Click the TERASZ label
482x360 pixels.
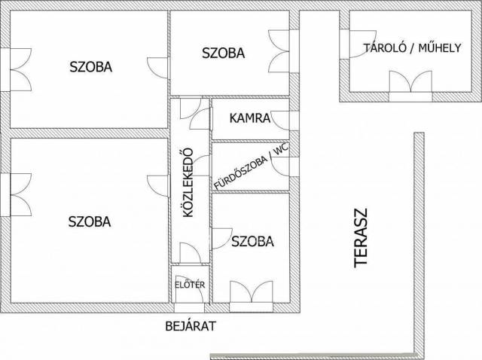pos(361,238)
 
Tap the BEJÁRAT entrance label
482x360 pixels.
pos(191,326)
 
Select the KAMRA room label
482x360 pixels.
pos(250,118)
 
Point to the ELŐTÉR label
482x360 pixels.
pos(190,285)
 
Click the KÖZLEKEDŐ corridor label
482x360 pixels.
pos(188,182)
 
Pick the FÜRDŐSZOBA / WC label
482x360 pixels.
pos(252,166)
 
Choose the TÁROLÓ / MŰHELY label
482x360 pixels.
pos(413,48)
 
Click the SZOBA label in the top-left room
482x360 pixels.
pos(90,67)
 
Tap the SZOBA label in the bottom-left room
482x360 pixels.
pos(90,221)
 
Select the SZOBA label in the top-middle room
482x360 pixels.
pos(223,53)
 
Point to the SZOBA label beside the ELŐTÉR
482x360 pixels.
pos(252,241)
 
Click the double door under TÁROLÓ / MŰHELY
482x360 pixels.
pos(410,82)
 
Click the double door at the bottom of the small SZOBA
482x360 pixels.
pos(251,292)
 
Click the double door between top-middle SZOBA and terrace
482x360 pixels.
pos(279,51)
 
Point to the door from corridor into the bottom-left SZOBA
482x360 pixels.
pos(158,185)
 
